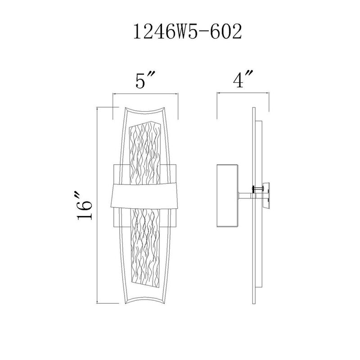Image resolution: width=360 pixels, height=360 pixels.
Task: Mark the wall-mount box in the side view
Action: [227, 195]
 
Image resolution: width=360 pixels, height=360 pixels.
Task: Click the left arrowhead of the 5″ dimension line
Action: [113, 94]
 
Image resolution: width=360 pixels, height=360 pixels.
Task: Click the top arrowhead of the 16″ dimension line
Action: [99, 109]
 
